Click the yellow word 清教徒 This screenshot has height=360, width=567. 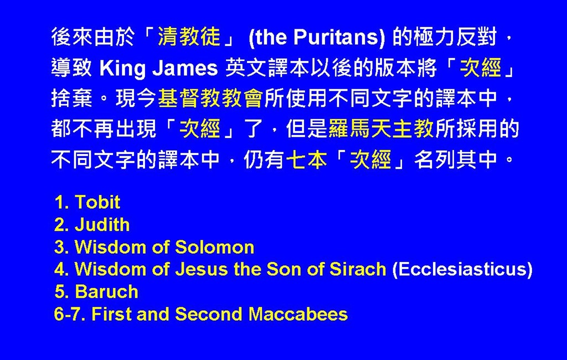coord(189,37)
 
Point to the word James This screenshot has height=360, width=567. coord(185,68)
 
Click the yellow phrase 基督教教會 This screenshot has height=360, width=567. coord(210,99)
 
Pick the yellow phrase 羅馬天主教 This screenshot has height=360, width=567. coord(381,129)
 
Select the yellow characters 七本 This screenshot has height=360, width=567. coord(307,160)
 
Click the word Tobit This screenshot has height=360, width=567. coord(97,202)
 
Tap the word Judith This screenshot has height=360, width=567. coord(102,225)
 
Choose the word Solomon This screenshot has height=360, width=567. coord(215,247)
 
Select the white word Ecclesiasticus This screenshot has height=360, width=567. coord(462,269)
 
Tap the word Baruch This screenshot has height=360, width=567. coord(107,292)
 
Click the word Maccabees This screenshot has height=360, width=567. coord(298,314)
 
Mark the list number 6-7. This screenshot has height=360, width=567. coord(70,314)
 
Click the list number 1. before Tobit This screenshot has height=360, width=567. coord(62,202)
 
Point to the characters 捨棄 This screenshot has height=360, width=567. coord(71,99)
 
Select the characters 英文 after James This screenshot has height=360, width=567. coord(246,68)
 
